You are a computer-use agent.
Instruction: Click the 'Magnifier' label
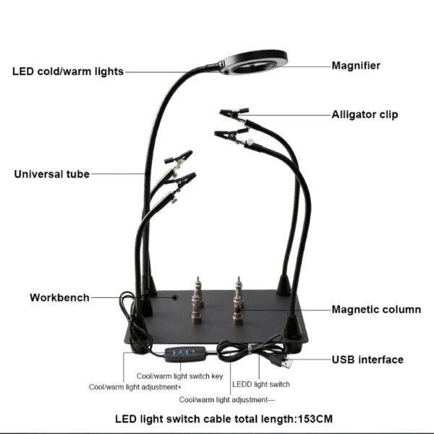356,66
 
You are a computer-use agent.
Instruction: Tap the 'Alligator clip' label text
365,114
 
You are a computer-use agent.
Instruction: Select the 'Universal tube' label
52,174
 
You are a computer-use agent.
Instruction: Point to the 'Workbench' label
59,297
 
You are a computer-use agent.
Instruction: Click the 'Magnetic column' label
376,310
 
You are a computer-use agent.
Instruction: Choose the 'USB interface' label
367,359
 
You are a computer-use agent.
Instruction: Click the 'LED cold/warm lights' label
68,72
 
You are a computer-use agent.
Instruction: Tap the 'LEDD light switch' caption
260,384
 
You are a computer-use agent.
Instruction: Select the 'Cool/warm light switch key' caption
179,376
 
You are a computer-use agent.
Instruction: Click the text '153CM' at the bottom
315,419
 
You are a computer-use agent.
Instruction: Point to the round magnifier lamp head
255,62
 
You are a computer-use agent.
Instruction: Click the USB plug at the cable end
285,361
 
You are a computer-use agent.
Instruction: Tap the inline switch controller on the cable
186,354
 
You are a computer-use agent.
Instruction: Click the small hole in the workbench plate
174,297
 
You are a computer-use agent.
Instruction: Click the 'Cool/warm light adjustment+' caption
135,387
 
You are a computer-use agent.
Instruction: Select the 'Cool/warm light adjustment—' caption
227,400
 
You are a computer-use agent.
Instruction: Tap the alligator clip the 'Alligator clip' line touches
234,114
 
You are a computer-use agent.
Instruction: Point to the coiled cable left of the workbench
130,312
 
